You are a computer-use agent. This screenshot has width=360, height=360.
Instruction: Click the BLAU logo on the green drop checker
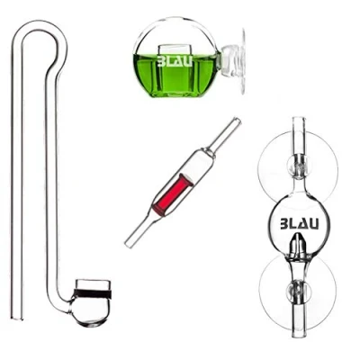175,61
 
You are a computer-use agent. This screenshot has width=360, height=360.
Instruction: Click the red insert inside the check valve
173,194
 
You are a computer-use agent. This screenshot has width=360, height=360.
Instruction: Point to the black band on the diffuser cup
93,294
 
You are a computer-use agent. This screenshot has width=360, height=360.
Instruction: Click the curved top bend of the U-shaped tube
40,30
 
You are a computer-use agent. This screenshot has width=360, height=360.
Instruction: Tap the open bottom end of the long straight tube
17,317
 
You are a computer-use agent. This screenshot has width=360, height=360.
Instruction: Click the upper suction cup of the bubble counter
298,170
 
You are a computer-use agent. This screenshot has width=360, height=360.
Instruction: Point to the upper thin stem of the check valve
224,134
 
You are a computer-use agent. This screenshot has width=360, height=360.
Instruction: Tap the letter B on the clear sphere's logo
284,224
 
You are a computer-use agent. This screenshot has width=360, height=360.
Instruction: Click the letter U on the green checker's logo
188,61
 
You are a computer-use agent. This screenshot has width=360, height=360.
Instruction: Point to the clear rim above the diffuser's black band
93,285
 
